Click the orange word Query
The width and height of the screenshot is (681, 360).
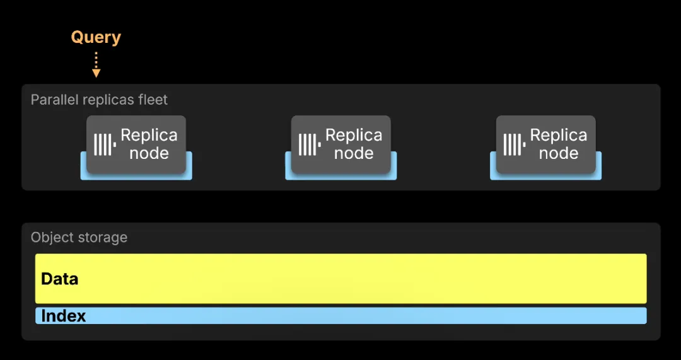pos(96,38)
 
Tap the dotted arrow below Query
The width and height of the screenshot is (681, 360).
pos(96,64)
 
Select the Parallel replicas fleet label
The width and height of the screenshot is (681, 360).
pos(99,100)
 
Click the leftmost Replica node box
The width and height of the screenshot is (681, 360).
pos(136,144)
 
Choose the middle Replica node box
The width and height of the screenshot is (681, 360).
pos(341,144)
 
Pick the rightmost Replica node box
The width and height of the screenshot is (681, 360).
pos(545,144)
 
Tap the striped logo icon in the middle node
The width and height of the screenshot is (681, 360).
pos(310,144)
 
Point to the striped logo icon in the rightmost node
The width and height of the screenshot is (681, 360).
pos(515,144)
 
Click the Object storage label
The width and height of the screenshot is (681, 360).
pos(79,238)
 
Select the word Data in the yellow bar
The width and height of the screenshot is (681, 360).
pos(59,279)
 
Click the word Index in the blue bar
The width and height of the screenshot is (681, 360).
pos(64,316)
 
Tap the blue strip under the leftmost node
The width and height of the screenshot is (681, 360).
pos(136,177)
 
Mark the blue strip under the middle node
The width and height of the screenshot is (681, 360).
pos(341,177)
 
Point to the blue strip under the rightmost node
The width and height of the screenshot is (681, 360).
pos(545,177)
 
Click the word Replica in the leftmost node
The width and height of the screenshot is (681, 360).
pos(149,136)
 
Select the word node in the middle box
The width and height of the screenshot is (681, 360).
pos(354,153)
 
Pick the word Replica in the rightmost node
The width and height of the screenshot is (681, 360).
pos(559,136)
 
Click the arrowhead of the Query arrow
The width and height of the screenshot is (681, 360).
pos(96,73)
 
